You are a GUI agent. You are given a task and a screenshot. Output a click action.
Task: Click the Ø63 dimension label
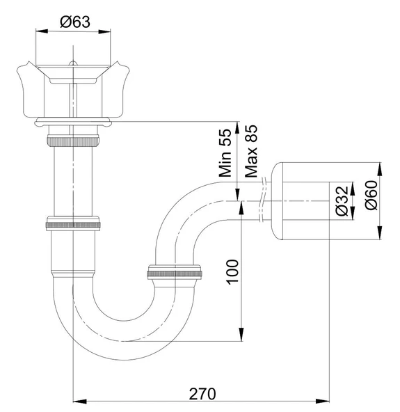[75, 22]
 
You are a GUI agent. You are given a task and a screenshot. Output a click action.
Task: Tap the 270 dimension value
[202, 394]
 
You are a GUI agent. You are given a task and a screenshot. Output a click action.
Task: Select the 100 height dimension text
[233, 272]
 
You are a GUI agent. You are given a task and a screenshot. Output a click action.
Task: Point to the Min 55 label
[225, 153]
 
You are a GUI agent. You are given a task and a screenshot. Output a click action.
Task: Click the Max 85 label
[251, 151]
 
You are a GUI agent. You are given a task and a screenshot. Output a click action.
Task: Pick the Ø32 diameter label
[342, 201]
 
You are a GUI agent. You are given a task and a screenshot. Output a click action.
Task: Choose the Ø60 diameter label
[371, 196]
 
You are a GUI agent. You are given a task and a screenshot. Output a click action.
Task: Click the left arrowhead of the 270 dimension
[79, 402]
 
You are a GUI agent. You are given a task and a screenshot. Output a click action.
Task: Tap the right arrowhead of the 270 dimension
[323, 402]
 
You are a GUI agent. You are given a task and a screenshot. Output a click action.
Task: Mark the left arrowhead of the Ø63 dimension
[42, 31]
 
